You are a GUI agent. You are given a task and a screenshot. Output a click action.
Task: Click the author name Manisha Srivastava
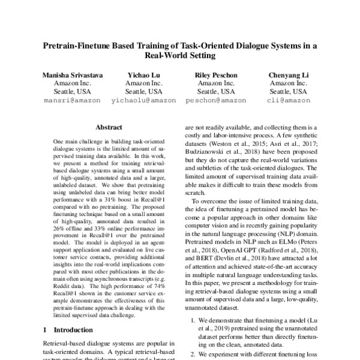click(71, 74)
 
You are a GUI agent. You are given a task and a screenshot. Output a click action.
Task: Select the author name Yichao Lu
click(143, 74)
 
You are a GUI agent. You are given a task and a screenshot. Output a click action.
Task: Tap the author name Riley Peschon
click(216, 74)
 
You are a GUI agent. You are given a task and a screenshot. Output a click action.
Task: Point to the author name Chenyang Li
click(288, 74)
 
